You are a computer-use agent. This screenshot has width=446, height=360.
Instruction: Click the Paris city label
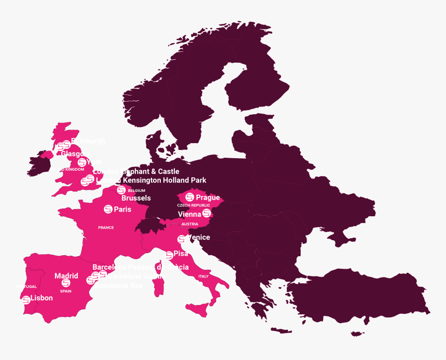point(123,210)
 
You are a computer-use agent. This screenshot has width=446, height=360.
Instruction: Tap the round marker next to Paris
point(108,209)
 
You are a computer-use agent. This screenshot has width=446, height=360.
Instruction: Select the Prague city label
point(208,198)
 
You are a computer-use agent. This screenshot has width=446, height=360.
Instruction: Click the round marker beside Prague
point(190,197)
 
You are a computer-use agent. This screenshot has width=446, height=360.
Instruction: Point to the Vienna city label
point(189,214)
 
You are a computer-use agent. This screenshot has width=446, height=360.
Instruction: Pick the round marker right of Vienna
point(207,214)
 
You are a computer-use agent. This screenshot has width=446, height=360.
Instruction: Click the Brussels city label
point(136,198)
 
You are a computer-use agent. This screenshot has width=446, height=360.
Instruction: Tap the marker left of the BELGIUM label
point(121,190)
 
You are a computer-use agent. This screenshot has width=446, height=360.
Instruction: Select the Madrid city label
point(66,276)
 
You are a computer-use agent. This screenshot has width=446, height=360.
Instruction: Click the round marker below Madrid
point(65,283)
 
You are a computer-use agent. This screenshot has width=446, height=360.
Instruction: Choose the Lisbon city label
point(41,298)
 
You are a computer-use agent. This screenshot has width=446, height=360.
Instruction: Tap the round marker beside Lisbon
point(26,299)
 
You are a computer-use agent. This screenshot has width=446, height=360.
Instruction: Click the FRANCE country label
point(106,228)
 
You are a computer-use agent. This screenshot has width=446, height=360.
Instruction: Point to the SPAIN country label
point(66,291)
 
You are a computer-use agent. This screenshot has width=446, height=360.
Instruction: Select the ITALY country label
point(203,276)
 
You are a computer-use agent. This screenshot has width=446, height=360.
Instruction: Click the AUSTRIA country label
point(189,224)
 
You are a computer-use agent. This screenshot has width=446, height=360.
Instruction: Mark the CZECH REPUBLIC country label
point(193,205)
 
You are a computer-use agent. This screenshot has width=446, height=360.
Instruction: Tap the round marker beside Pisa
point(169,255)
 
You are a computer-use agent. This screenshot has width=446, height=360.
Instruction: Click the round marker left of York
point(81,162)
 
